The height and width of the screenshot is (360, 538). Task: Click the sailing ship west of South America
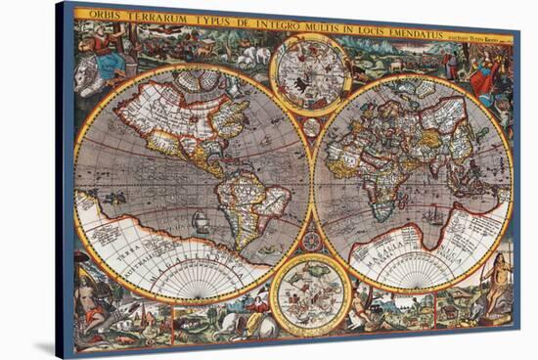point(200,222)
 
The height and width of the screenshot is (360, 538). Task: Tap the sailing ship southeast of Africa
point(431,216)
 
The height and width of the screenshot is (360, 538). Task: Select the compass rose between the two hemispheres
point(312,240)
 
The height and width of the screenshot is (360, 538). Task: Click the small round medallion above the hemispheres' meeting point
point(311,126)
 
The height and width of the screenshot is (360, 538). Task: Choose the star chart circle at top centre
point(310,73)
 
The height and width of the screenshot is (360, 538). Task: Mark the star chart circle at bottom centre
point(311,293)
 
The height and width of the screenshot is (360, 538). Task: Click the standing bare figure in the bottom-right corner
point(500,284)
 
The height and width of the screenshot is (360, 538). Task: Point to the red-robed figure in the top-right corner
point(481,72)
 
